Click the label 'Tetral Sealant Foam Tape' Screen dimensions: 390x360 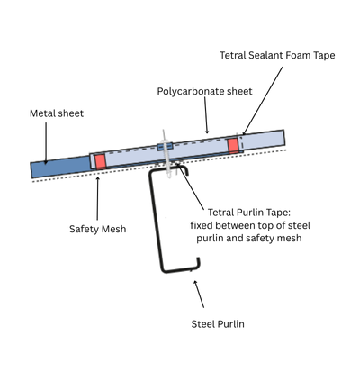click(276, 55)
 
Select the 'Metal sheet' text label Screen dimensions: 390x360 click(57, 113)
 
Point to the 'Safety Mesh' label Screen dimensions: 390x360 click(97, 229)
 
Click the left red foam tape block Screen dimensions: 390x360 click(100, 160)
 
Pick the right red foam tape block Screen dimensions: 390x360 click(233, 144)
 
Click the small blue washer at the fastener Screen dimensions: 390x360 click(163, 147)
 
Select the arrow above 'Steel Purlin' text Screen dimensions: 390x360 click(198, 294)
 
